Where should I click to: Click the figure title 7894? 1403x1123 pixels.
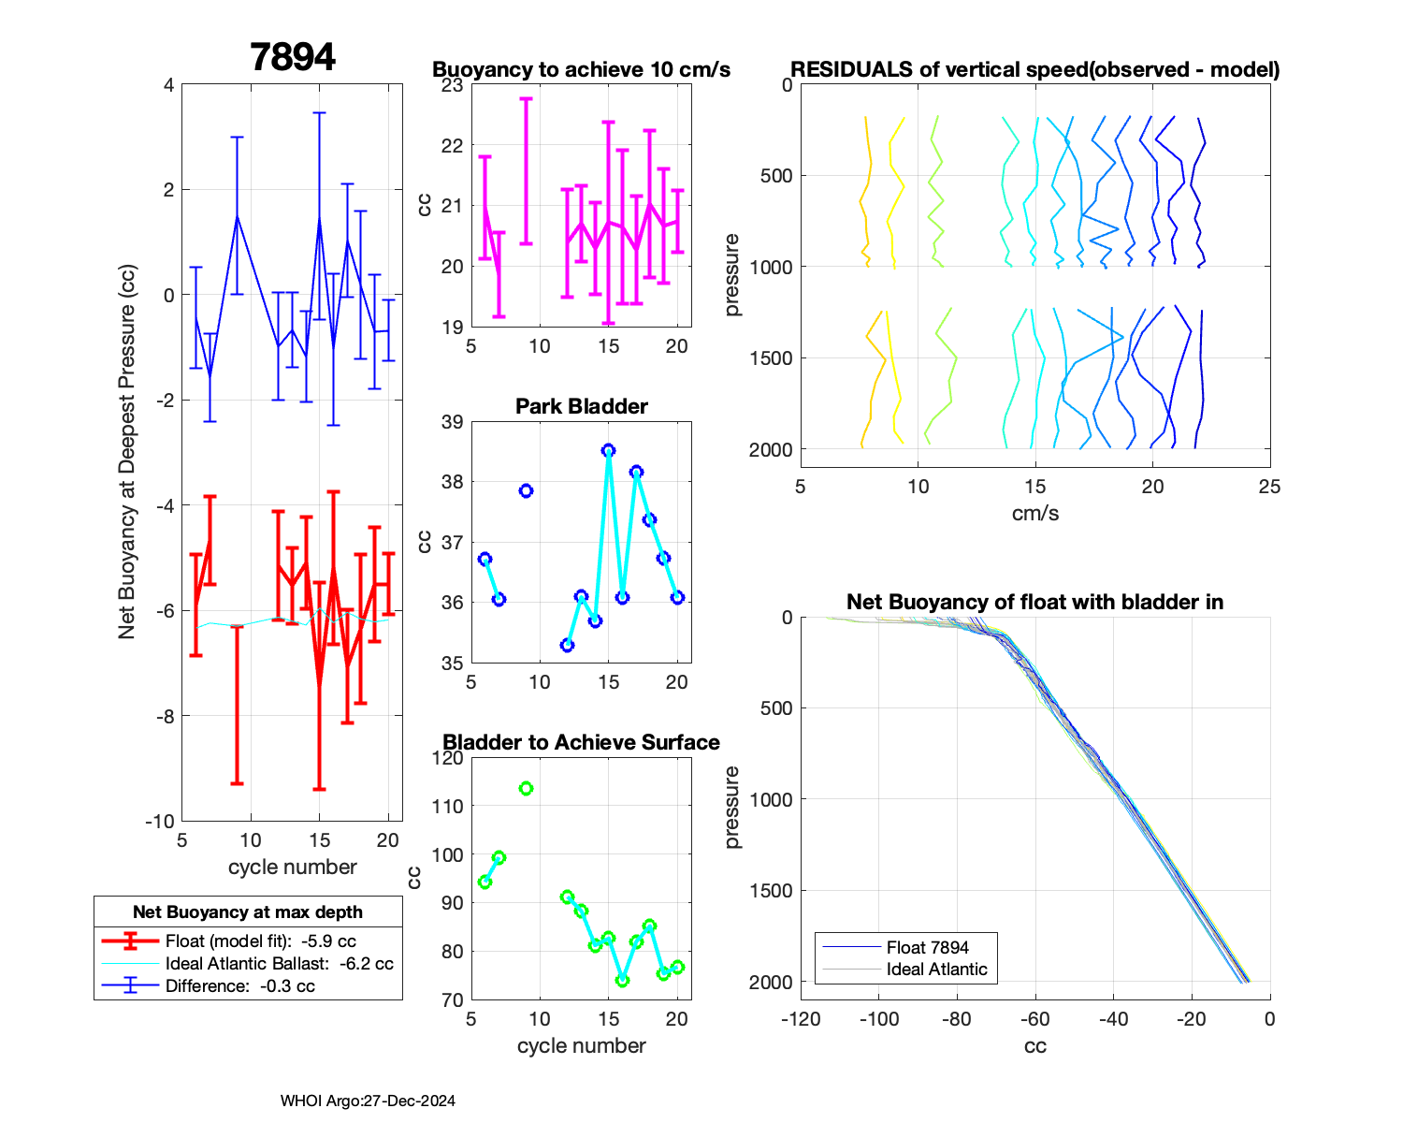click(293, 58)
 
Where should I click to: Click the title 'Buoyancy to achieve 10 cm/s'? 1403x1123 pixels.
click(581, 70)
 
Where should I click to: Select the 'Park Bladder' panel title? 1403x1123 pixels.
click(581, 406)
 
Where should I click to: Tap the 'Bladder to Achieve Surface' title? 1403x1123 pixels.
click(581, 743)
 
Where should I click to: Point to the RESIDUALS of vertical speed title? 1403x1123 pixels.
click(1034, 70)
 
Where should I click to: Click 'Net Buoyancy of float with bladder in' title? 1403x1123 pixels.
click(1034, 603)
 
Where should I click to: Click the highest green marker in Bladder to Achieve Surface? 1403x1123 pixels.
click(526, 788)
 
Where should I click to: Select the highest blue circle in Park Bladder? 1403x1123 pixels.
click(609, 450)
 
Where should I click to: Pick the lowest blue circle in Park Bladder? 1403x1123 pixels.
click(567, 646)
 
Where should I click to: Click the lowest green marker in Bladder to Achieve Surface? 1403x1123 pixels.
click(622, 981)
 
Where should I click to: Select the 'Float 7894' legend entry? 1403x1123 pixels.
click(927, 948)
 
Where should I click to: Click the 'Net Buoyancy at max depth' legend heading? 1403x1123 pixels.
click(248, 912)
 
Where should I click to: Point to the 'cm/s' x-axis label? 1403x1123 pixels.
click(1034, 514)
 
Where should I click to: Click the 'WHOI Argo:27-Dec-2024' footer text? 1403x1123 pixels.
click(368, 1101)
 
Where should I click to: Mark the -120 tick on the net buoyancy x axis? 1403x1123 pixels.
click(801, 1019)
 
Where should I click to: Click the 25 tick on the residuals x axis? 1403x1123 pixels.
click(1269, 487)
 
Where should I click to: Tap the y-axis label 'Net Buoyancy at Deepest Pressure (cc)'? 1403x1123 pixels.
click(127, 452)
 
